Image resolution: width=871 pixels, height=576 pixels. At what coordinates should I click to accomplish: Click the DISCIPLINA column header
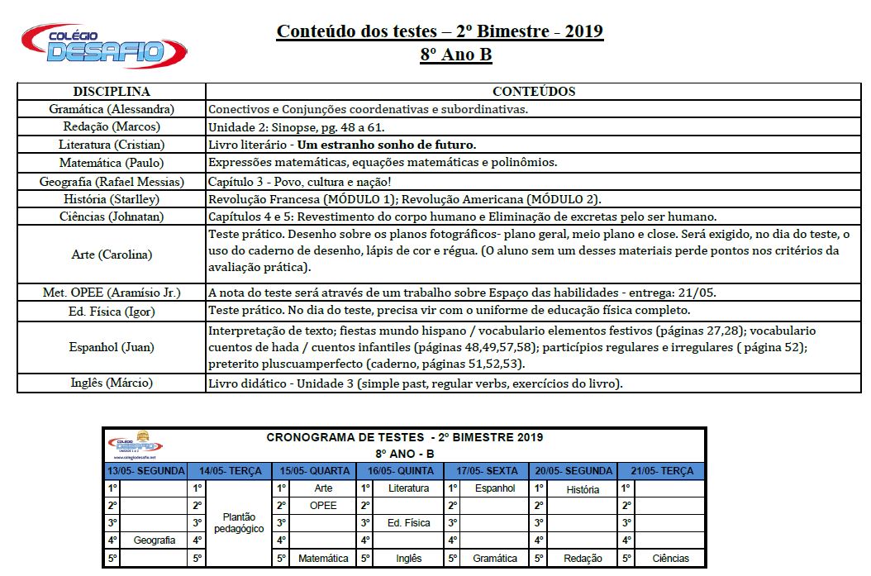point(112,91)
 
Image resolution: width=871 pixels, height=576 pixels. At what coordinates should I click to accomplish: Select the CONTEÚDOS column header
point(533,91)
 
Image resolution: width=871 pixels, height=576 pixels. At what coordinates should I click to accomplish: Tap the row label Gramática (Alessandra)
point(112,109)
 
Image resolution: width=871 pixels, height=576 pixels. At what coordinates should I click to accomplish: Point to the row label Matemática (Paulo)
point(112,163)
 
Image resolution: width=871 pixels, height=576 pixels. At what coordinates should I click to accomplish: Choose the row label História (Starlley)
point(112,199)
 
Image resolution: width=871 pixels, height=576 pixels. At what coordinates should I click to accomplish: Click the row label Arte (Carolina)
point(112,255)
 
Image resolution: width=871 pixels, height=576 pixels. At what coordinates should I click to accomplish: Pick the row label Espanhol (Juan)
point(112,347)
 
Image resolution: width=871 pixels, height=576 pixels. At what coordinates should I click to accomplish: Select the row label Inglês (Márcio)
point(112,383)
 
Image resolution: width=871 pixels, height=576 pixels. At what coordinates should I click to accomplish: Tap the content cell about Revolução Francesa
point(405,199)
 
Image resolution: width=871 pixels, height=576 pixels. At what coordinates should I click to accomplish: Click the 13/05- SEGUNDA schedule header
point(146,471)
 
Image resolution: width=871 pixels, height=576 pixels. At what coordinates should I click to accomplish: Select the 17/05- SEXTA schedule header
point(488,471)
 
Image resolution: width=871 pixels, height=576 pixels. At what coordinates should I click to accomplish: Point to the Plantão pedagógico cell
point(232,522)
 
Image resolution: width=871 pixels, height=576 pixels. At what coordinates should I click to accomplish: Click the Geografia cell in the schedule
point(155,540)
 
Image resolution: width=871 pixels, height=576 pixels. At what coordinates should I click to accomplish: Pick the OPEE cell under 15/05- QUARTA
point(323,505)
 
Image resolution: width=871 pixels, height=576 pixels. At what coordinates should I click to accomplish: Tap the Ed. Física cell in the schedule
point(409,523)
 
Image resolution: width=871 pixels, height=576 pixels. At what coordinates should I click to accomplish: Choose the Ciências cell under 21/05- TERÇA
point(670,559)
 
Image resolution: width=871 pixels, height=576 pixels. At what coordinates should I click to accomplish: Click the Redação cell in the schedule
point(583,559)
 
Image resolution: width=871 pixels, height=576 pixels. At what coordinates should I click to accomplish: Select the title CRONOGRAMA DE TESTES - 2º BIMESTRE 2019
point(405,437)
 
